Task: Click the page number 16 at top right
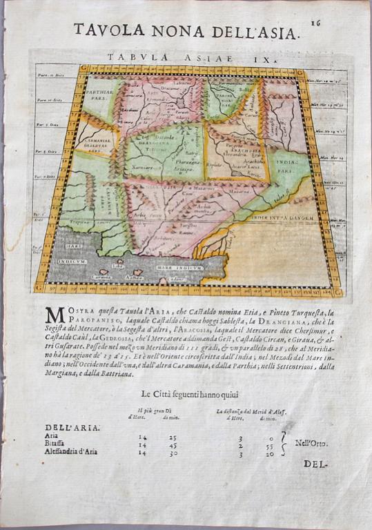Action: point(317,22)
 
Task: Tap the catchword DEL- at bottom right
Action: point(314,464)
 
